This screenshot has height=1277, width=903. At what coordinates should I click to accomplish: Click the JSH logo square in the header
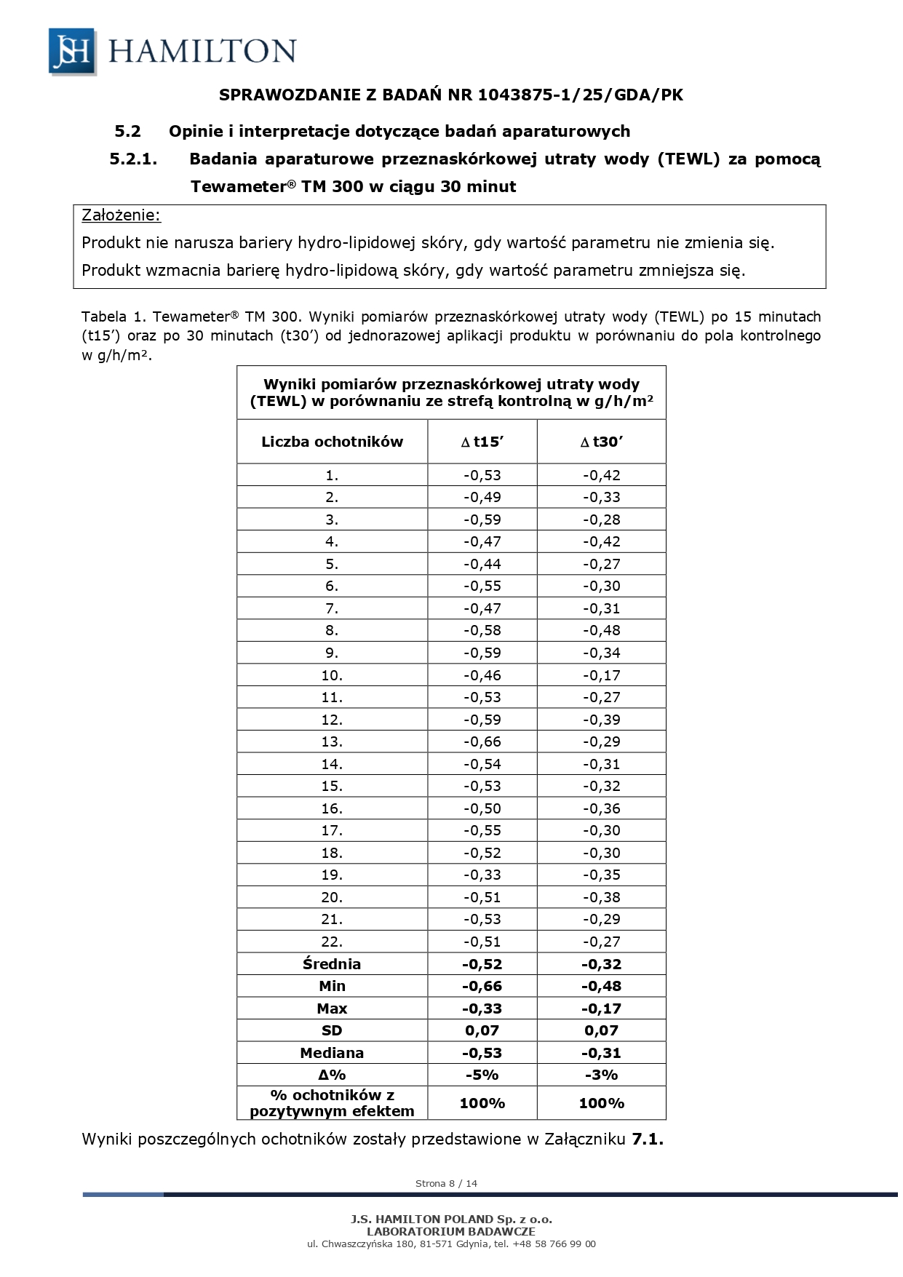coord(71,51)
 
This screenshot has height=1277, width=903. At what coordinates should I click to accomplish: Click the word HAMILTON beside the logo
coord(202,52)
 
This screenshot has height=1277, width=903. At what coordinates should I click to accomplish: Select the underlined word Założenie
coord(121,215)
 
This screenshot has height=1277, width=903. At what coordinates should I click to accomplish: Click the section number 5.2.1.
coord(134,159)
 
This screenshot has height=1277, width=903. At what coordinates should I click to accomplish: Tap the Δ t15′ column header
coord(482,442)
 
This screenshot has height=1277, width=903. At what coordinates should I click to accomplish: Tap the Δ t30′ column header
coord(601,442)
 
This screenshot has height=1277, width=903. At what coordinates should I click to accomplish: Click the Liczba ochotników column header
coord(332,442)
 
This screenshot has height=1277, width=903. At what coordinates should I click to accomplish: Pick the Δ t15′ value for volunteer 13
coord(482,741)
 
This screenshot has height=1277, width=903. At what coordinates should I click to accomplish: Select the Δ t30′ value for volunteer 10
coord(601,675)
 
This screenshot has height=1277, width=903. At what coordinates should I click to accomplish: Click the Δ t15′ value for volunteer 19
coord(482,875)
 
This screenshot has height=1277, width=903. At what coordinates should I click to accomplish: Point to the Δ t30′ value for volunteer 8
coord(601,630)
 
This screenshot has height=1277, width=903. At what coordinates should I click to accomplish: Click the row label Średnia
coord(332,964)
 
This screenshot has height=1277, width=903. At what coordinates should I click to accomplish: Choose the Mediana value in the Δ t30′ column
coord(601,1053)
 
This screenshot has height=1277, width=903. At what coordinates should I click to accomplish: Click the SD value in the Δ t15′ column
coord(482,1030)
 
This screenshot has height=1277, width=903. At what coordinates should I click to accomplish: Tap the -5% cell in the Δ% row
coord(482,1075)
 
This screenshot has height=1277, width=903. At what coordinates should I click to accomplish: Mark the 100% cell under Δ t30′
coord(601,1103)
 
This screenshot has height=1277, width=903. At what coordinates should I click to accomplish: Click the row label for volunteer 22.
coord(332,942)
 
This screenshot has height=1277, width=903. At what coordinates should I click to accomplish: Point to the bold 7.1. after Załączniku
coord(648,1139)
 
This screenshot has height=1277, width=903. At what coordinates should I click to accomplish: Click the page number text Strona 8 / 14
coord(446,1183)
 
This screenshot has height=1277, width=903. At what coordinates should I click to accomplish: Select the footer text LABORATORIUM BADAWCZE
coord(451,1232)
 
